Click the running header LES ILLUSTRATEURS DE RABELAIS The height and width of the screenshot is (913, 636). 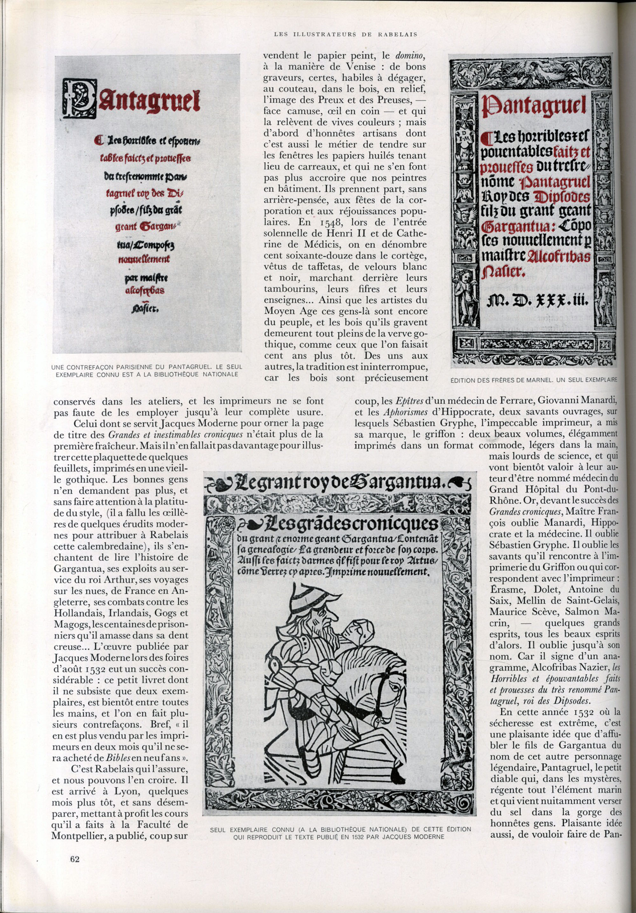[346, 35]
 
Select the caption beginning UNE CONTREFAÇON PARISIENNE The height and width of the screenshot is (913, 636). [147, 370]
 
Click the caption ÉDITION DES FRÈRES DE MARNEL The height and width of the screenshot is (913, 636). [534, 380]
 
